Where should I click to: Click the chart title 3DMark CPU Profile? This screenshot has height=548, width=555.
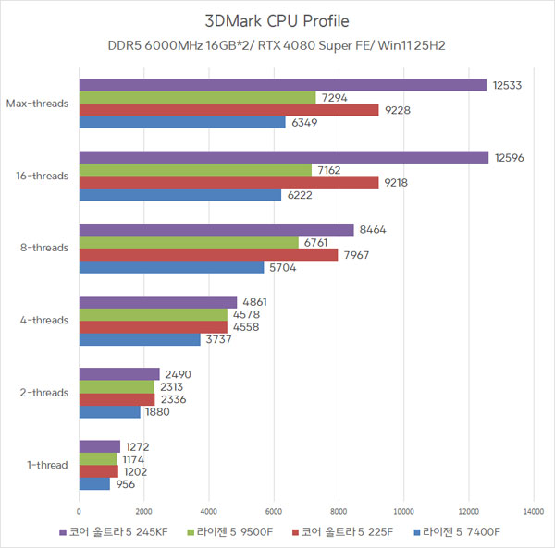[277, 20]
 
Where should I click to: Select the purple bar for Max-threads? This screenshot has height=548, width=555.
[282, 85]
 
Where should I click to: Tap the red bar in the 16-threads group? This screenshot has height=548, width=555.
[228, 183]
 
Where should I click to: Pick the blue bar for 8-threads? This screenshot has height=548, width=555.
[171, 268]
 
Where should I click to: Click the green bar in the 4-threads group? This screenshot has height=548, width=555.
[153, 314]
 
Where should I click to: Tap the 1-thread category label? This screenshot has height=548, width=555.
[47, 465]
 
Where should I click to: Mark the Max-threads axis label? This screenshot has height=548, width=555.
[37, 104]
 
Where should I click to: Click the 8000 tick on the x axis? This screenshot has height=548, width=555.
[339, 510]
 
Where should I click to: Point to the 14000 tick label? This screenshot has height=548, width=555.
[533, 510]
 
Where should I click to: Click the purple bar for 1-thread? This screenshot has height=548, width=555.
[100, 447]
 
